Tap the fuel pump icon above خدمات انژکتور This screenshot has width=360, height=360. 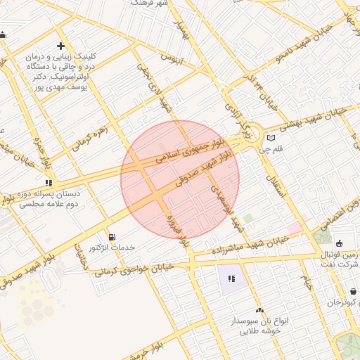(x=111, y=236)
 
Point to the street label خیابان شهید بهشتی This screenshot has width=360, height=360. (x=314, y=119)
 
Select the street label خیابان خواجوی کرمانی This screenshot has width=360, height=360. (x=134, y=267)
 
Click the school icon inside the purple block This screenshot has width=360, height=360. (x=231, y=278)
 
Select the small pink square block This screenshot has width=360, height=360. (x=293, y=229)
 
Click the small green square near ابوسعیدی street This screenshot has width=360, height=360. (x=247, y=219)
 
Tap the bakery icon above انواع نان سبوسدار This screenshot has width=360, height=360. (x=259, y=309)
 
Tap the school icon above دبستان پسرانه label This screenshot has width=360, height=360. (x=48, y=182)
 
